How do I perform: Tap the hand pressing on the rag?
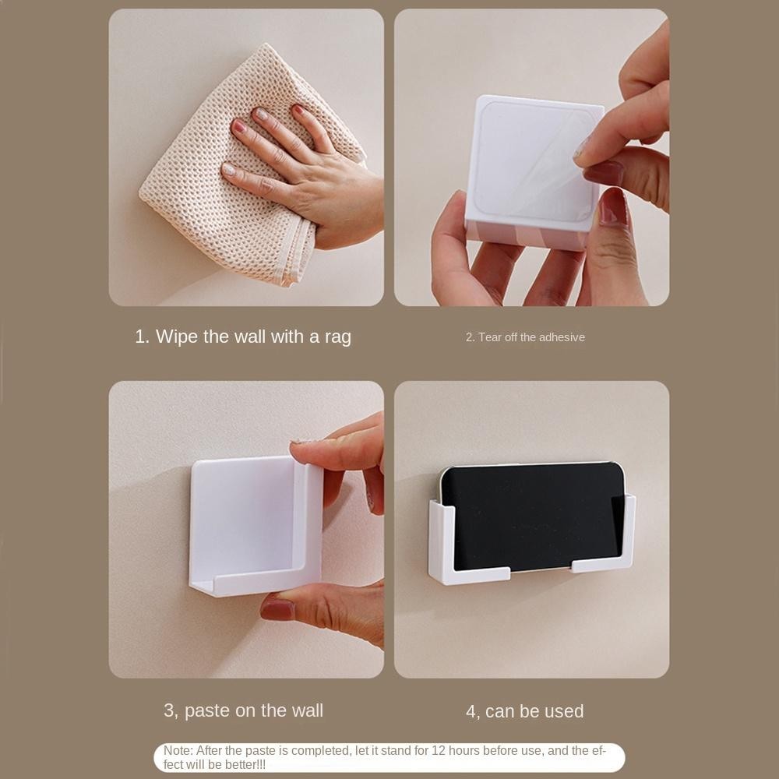[x=308, y=174]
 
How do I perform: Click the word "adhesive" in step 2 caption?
[x=562, y=337]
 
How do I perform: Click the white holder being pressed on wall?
[x=256, y=526]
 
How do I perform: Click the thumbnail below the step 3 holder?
[x=277, y=610]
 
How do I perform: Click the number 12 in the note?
[x=438, y=750]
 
